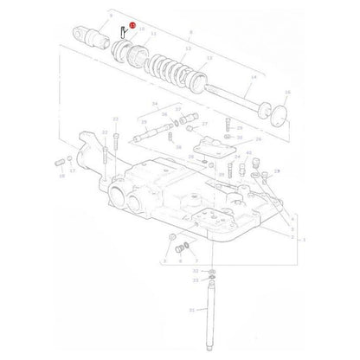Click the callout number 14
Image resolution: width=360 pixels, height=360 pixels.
253,77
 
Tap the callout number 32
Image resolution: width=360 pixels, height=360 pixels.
195,271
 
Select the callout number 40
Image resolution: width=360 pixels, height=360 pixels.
248,153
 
